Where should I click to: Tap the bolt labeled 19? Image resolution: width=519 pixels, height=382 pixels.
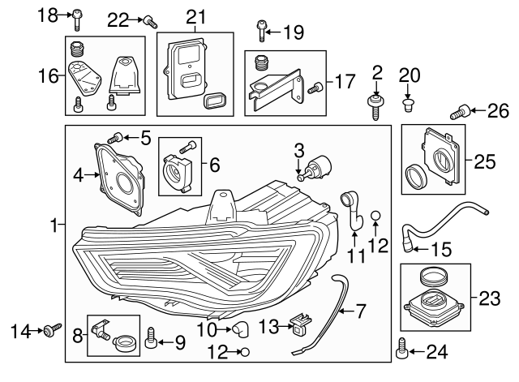[261, 31]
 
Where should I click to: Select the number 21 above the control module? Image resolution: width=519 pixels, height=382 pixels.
[196, 17]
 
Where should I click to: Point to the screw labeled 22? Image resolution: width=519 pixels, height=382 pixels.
[150, 22]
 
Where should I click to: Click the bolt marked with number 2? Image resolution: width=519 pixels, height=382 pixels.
[374, 106]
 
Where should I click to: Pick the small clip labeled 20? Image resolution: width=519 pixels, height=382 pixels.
[409, 103]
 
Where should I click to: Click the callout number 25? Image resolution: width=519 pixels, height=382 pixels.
[484, 161]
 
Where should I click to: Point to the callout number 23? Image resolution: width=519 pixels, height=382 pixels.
[487, 298]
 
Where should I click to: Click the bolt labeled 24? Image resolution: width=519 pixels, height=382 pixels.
[401, 350]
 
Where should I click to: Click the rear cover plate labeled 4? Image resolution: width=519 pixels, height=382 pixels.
[119, 178]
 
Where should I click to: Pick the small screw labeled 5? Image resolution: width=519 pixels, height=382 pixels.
[118, 138]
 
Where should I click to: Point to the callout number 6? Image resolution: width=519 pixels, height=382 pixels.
[214, 165]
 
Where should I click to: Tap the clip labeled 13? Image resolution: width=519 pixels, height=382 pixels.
[300, 324]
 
